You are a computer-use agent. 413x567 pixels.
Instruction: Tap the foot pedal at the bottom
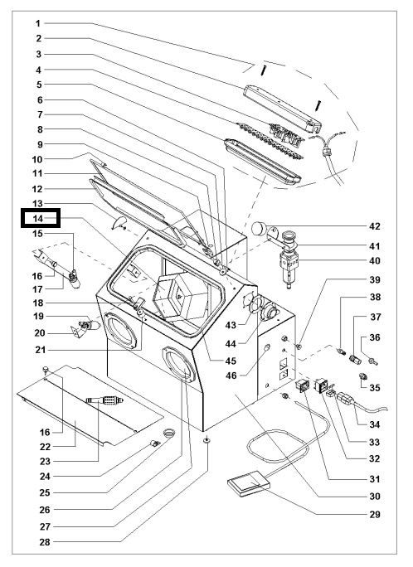point(249,482)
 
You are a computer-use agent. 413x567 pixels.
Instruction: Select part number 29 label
point(375,514)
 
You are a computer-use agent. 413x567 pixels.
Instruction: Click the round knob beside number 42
point(258,228)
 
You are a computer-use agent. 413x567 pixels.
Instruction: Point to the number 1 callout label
point(37,23)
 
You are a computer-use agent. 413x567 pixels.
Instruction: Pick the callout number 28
point(45,542)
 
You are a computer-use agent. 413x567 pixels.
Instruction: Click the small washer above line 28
point(206,439)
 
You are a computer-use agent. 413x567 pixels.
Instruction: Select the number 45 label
point(231,361)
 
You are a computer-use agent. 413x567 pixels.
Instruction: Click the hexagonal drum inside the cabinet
point(180,295)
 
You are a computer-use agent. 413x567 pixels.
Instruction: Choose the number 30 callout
point(375,497)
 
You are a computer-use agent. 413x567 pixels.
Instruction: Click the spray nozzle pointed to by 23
point(104,400)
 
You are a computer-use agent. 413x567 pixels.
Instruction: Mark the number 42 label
point(375,226)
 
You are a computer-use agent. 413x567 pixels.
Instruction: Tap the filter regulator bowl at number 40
point(289,270)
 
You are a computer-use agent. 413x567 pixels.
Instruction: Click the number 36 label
point(375,337)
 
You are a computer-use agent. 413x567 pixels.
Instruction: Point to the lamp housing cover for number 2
point(282,109)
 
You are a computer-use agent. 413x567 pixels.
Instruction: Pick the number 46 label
point(231,376)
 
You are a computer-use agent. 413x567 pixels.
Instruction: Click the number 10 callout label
point(37,159)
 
